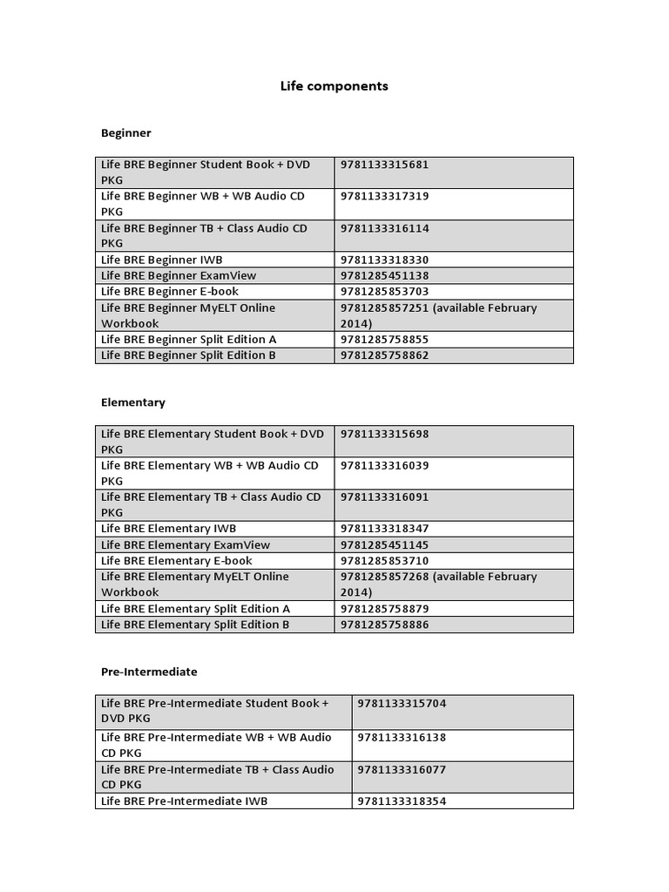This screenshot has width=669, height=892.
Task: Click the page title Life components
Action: tap(334, 86)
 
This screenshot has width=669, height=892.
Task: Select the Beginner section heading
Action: tap(125, 133)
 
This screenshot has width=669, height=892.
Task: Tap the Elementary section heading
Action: tap(132, 402)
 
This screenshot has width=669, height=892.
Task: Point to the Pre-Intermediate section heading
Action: tap(149, 672)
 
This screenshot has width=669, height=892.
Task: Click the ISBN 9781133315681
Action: tap(385, 165)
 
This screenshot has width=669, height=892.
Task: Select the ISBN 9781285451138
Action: tap(385, 275)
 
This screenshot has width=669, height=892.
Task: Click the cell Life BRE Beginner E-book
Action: tap(169, 291)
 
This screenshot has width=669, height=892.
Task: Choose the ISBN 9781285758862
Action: tap(385, 355)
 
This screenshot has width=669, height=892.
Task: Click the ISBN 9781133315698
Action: tap(385, 434)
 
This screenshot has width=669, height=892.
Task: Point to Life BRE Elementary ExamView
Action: tap(185, 544)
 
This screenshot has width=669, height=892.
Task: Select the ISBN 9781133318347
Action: tap(385, 529)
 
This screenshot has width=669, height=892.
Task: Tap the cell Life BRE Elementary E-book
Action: tap(176, 560)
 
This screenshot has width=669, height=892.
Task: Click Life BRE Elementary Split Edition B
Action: tap(195, 625)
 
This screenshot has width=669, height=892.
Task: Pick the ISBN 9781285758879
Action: tap(385, 609)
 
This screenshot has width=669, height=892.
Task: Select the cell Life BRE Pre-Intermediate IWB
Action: tap(184, 801)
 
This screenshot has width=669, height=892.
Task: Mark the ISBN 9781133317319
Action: tap(385, 196)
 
